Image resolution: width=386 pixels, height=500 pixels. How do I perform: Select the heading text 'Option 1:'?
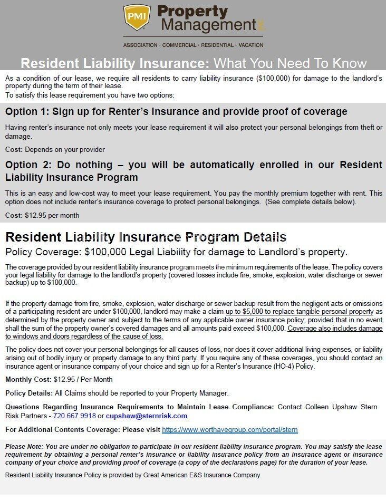click(27, 112)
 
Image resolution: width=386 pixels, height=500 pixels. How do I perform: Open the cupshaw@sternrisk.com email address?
click(139, 416)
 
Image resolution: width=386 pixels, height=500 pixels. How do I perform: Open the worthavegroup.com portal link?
click(229, 430)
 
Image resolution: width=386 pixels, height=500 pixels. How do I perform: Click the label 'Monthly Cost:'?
click(28, 379)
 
